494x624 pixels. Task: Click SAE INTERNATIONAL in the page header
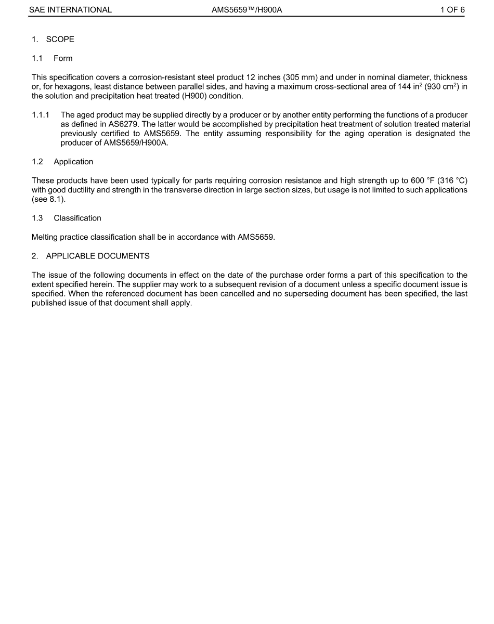pos(70,9)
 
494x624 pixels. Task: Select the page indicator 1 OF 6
pos(452,9)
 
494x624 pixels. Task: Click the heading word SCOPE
pos(60,40)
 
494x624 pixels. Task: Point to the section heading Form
pos(63,58)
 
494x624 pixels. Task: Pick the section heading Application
pos(73,162)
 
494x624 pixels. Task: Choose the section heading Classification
pos(77,218)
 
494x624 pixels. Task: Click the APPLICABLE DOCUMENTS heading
pos(98,256)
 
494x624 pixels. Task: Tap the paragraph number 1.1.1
pos(41,115)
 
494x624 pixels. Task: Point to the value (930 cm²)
pos(443,87)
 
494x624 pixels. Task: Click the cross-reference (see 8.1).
pos(48,199)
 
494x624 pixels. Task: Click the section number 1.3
pos(37,218)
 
